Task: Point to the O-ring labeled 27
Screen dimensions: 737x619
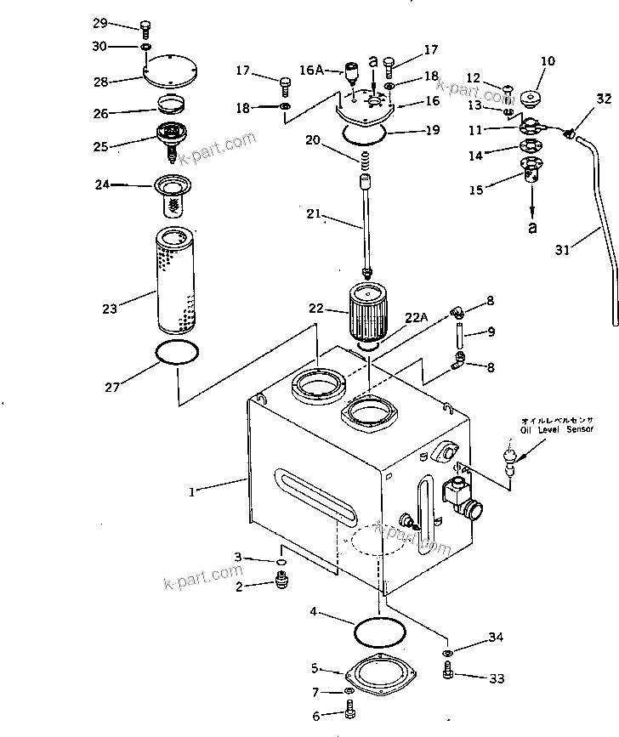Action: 179,353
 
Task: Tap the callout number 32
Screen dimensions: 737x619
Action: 603,99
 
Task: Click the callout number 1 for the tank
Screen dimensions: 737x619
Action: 194,490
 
